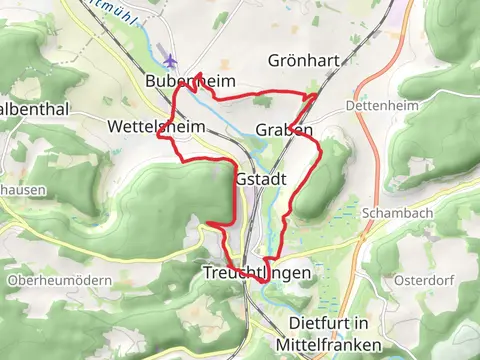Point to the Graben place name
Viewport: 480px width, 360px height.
click(284, 131)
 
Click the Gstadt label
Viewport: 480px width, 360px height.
click(262, 178)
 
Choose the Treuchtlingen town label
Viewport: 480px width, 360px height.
click(250, 273)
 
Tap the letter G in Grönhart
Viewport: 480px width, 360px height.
click(274, 61)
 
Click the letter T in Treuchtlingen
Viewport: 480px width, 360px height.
click(207, 273)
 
